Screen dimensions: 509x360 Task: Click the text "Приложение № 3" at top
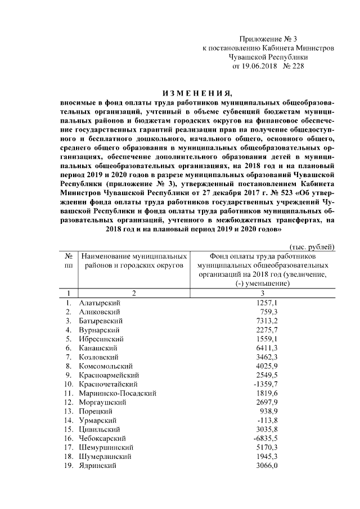pos(268,39)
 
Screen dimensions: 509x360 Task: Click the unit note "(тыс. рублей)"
pos(312,247)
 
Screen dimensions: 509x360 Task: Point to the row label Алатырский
pos(100,303)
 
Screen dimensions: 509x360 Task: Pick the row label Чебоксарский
pos(102,438)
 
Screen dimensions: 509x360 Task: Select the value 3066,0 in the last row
pos(267,465)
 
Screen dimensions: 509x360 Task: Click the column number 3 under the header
pos(262,293)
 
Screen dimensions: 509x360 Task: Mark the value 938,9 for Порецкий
pos(269,411)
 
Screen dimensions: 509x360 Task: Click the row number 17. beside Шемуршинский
pos(68,447)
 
